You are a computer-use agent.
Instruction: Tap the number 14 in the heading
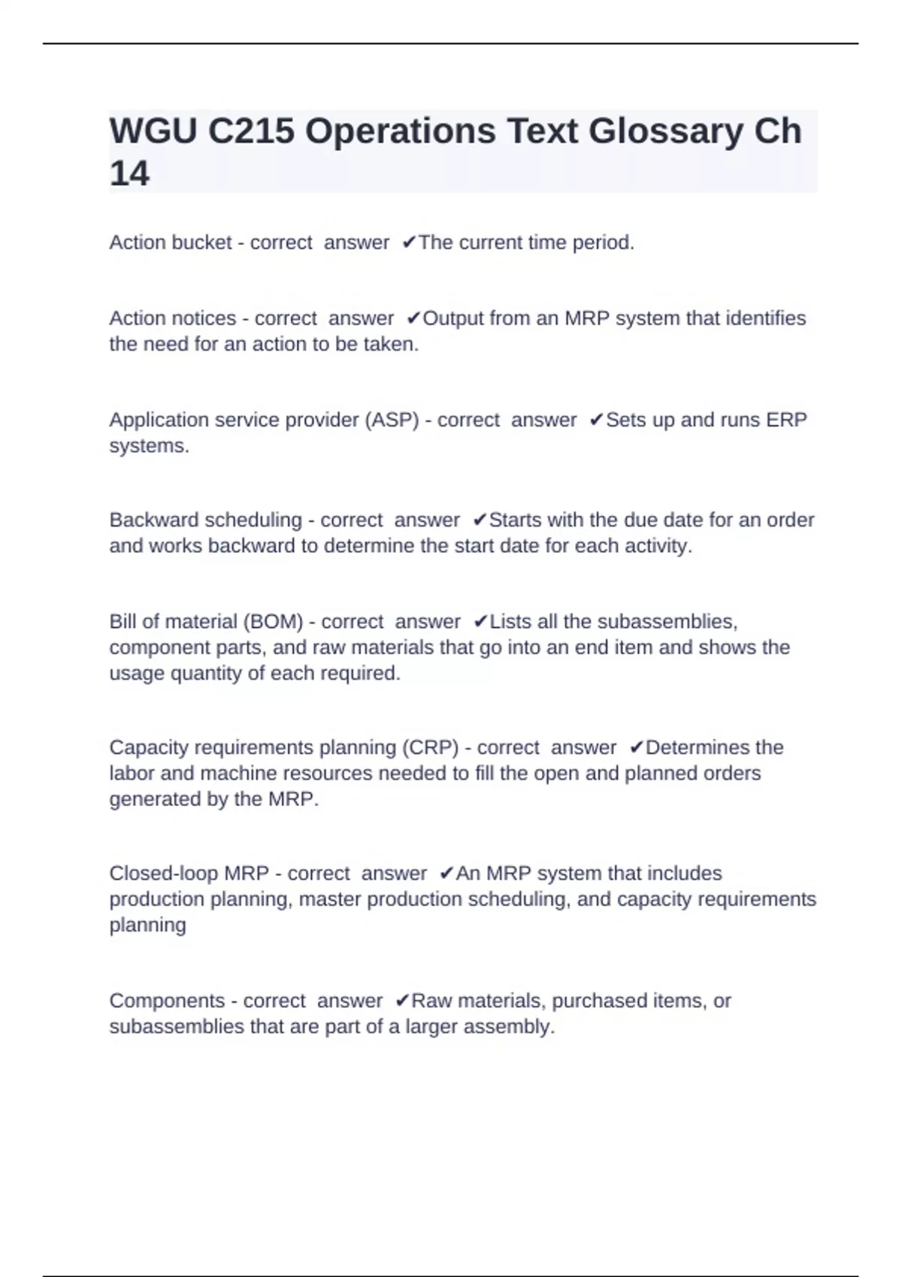click(129, 174)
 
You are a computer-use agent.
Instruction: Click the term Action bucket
click(170, 243)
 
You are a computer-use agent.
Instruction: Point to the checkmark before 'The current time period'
click(409, 243)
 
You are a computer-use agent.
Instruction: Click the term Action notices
click(172, 318)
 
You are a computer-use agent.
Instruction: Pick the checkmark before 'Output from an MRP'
click(413, 318)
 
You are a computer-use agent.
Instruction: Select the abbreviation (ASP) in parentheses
click(392, 420)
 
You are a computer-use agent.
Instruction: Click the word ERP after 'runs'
click(786, 420)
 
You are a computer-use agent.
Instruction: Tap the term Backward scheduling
click(205, 520)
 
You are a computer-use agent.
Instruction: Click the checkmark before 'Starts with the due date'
click(480, 520)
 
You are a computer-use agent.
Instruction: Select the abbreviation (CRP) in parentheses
click(430, 748)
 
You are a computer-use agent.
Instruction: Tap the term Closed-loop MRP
click(189, 874)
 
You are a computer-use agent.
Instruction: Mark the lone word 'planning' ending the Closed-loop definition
click(147, 925)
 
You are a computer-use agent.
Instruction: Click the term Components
click(167, 1001)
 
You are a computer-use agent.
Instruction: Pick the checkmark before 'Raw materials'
click(402, 1001)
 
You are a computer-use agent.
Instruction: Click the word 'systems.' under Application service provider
click(149, 445)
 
